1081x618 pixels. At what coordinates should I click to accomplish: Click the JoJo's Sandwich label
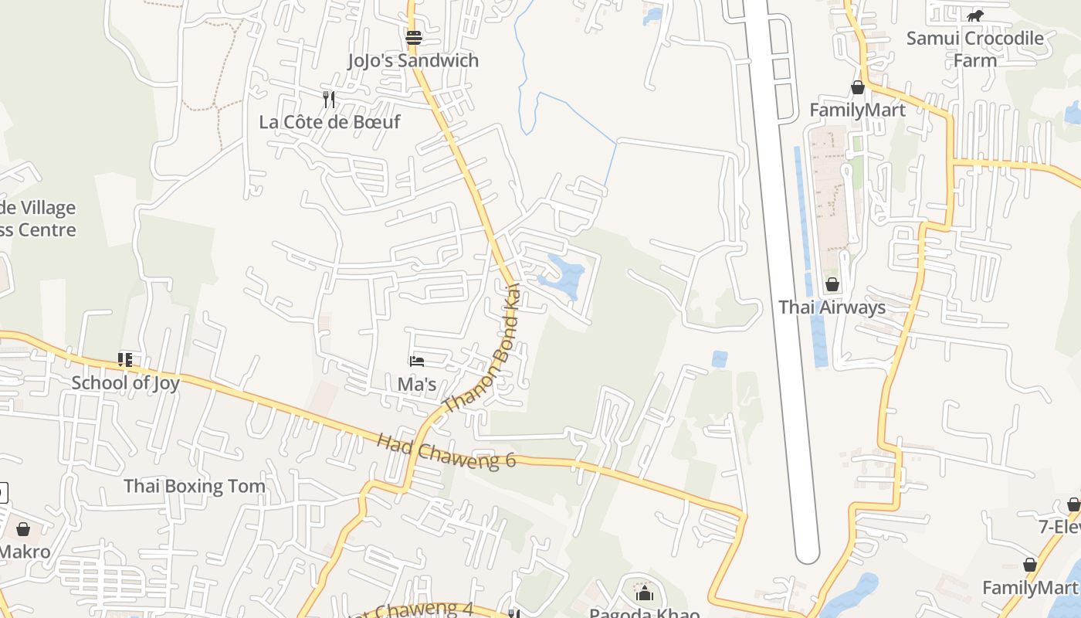coord(413,60)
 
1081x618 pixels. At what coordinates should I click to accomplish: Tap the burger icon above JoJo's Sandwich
coord(414,37)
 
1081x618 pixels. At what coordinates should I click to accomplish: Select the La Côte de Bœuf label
coord(330,122)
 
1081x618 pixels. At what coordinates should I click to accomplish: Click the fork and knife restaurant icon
coord(329,99)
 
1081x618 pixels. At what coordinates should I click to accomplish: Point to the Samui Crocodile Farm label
coord(974,49)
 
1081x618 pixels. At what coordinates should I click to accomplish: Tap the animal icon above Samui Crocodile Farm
coord(975,15)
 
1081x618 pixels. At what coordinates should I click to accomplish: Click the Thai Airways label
coord(832,307)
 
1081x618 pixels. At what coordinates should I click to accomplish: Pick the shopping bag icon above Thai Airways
coord(832,284)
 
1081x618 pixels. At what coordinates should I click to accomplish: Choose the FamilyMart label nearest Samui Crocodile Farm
coord(857,110)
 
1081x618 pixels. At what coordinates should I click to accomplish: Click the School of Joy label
coord(125,382)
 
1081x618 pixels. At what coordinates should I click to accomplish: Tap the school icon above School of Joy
coord(125,359)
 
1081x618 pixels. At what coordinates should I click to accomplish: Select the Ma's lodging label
coord(417,384)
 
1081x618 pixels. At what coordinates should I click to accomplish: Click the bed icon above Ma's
coord(417,361)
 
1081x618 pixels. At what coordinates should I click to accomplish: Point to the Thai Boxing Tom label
coord(195,486)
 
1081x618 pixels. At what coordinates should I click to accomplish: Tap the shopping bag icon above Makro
coord(23,529)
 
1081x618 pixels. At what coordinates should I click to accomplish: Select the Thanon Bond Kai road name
coord(481,349)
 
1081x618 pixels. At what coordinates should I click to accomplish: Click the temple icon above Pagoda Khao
coord(644,593)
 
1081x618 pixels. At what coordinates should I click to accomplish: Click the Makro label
coord(25,552)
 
